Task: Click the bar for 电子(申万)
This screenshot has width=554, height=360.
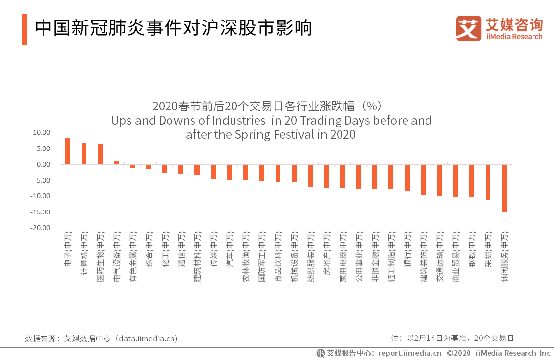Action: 68,151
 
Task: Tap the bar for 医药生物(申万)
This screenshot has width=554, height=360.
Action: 100,154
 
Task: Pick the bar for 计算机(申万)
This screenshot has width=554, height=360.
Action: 84,153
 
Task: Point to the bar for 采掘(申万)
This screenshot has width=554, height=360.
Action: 488,182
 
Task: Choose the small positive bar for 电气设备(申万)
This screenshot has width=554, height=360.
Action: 116,163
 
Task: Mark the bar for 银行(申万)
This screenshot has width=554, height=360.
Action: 407,178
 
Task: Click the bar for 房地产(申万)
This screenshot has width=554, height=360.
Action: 326,176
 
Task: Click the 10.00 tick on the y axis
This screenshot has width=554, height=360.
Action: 42,132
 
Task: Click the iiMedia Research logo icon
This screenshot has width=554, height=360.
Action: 469,28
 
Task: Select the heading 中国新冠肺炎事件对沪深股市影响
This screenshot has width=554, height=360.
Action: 173,28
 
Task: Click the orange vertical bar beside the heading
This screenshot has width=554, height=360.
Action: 24,29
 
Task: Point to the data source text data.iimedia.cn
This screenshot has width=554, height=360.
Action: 145,338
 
